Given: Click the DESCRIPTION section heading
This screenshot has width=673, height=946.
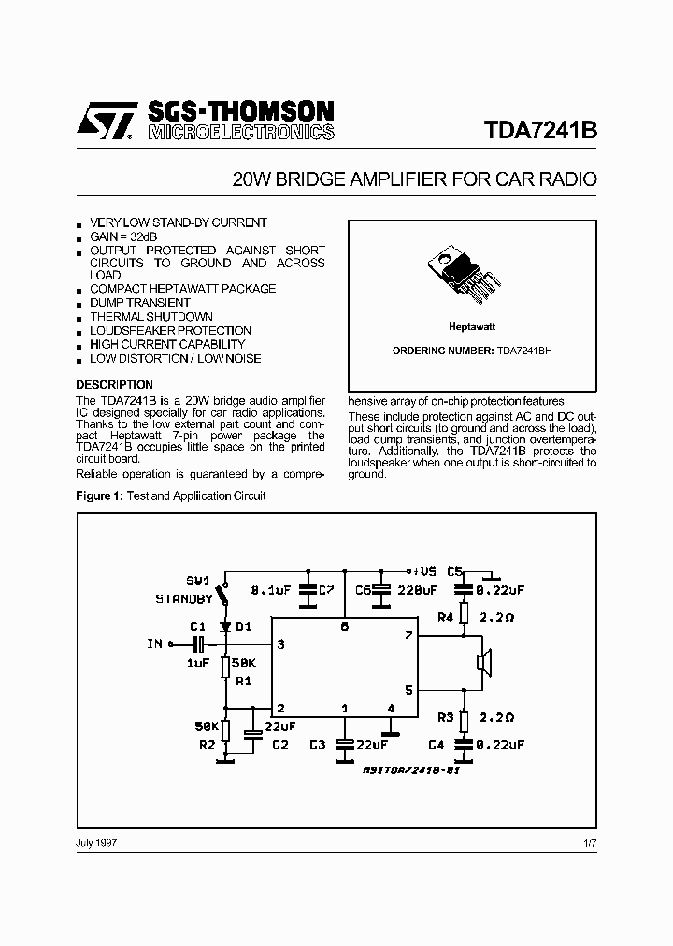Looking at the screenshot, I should [x=114, y=385].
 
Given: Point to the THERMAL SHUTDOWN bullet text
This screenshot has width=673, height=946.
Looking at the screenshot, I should [x=150, y=317].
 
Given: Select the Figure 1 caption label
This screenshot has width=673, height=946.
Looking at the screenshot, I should [x=99, y=495].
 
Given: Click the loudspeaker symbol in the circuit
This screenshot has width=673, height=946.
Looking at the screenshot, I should [x=483, y=663].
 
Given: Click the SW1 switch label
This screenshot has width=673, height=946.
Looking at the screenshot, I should [x=199, y=580].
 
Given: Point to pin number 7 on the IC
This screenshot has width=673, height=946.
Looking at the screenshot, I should [x=408, y=636].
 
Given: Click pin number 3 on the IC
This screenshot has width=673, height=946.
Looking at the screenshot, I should [x=280, y=644].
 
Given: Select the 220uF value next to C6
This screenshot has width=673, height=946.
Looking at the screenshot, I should [x=417, y=591].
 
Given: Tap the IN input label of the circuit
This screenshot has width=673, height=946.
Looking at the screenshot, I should [x=154, y=644].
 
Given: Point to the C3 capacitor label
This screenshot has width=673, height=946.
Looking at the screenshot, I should [x=316, y=744].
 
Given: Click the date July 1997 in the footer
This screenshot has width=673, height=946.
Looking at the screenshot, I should [x=95, y=842].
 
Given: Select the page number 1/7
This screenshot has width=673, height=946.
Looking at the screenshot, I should [x=588, y=842].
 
